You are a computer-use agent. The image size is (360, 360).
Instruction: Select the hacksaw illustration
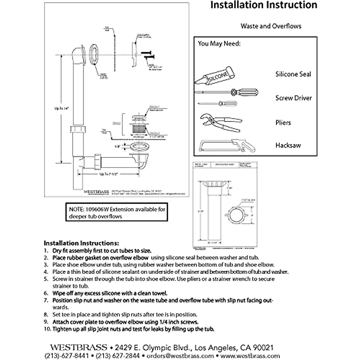click(x=227, y=145)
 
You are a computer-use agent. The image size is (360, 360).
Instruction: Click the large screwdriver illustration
click(x=226, y=92)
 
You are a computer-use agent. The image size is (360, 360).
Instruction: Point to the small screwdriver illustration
click(x=217, y=103)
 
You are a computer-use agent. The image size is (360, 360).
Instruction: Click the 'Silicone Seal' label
click(x=293, y=74)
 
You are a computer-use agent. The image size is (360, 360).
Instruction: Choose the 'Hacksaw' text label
click(x=288, y=145)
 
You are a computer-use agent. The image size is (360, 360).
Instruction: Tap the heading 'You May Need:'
click(x=219, y=44)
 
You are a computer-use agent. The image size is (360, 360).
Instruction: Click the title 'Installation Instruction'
click(x=263, y=5)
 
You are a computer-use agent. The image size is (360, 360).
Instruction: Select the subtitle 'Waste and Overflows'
click(x=271, y=26)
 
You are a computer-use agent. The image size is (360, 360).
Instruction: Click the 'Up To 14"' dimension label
click(x=62, y=109)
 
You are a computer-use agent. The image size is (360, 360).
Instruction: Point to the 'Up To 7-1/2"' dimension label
click(x=107, y=174)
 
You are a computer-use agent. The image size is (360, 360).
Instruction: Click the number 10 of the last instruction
click(x=47, y=329)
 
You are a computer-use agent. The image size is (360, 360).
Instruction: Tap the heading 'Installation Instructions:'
click(x=81, y=243)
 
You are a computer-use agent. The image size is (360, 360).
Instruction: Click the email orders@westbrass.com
click(x=180, y=356)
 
